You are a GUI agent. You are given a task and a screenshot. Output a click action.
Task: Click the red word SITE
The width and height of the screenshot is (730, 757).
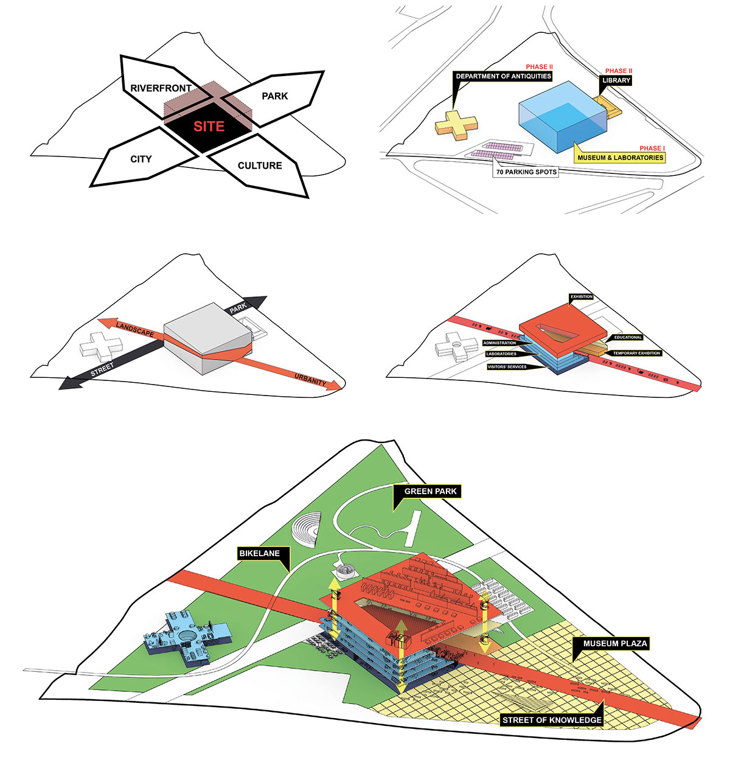pos(209,126)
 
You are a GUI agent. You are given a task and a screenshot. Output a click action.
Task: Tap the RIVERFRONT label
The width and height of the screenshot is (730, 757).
pos(161,88)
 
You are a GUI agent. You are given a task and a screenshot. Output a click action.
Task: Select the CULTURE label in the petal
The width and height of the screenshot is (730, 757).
pos(259,166)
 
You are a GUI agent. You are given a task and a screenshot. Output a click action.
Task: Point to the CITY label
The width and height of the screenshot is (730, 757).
pos(141,159)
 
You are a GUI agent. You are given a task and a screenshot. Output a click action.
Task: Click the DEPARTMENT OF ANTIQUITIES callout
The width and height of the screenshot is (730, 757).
pos(503,76)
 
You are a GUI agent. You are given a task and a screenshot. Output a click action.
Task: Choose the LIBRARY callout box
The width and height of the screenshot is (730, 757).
pos(616,80)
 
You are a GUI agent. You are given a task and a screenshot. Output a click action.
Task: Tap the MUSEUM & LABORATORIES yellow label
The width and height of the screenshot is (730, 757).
pos(620,158)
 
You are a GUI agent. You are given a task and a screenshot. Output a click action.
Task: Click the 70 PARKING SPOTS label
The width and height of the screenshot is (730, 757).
pos(526,172)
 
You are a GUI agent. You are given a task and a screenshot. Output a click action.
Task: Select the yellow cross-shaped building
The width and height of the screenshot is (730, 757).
pos(456,125)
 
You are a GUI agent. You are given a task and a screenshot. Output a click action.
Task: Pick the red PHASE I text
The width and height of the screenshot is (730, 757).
pos(652,148)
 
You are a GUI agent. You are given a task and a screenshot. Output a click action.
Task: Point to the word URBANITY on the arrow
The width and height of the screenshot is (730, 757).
pos(310,379)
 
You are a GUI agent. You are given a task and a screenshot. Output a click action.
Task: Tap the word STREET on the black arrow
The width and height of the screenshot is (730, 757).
pos(102,369)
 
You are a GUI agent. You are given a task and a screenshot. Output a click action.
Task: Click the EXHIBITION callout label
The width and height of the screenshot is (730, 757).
pos(582,297)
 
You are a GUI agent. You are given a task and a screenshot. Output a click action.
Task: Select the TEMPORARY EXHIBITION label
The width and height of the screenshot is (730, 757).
pos(636,353)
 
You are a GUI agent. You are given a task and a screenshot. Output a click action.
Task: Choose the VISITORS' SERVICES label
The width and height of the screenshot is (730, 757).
pos(507,367)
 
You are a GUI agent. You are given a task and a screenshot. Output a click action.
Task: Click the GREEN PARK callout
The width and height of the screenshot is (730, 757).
pos(430,491)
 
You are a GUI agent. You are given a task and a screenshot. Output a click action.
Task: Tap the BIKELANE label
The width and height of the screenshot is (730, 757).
pos(259,553)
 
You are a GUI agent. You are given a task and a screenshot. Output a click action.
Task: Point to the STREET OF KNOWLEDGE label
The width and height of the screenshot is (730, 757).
pos(552,720)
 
